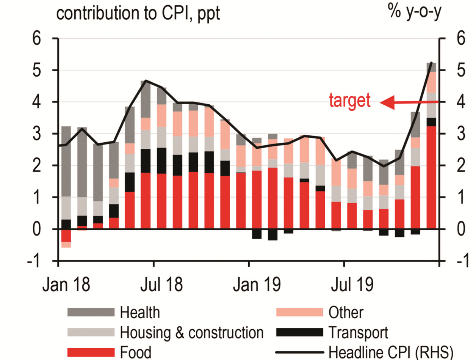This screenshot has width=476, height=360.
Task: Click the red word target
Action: point(349,101)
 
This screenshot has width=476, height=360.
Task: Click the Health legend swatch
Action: point(91,313)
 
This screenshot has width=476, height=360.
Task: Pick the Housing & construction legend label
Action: point(191,333)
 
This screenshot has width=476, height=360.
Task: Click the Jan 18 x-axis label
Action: point(72,285)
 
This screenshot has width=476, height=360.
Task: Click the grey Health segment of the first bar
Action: point(66,161)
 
